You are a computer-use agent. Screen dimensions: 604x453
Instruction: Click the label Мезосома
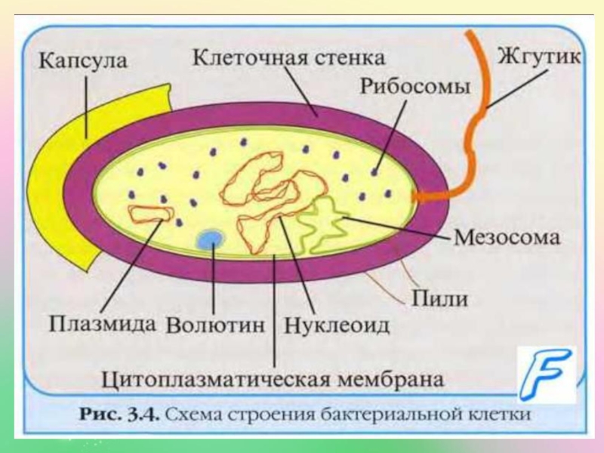click(x=507, y=238)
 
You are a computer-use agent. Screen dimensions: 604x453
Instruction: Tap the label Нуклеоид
click(x=337, y=325)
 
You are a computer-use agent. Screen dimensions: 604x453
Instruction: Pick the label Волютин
click(x=216, y=325)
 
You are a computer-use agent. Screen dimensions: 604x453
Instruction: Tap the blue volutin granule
click(x=210, y=239)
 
